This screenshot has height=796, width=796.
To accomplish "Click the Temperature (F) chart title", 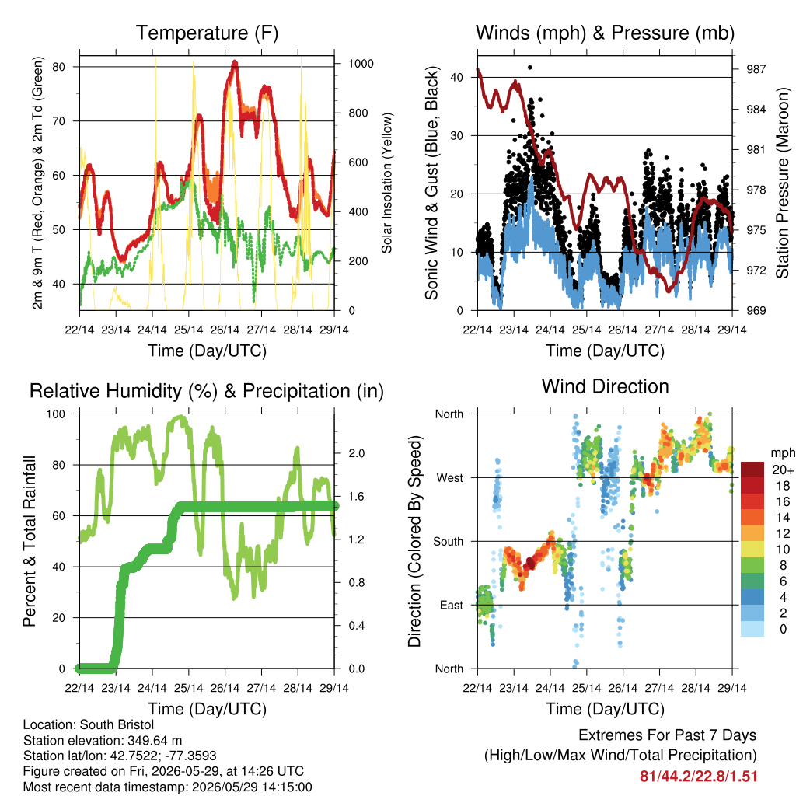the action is pyautogui.click(x=207, y=33).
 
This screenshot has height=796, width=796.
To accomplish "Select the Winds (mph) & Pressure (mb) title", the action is pyautogui.click(x=605, y=33).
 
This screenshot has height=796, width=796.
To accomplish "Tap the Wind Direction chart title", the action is pyautogui.click(x=605, y=386).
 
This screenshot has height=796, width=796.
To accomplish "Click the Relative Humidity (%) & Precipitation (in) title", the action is pyautogui.click(x=207, y=392).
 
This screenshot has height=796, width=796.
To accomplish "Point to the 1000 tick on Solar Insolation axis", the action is pyautogui.click(x=361, y=64).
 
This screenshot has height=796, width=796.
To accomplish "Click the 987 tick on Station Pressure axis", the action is pyautogui.click(x=756, y=69).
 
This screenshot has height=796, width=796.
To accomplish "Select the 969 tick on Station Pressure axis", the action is pyautogui.click(x=756, y=310).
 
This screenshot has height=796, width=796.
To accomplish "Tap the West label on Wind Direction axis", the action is pyautogui.click(x=450, y=478).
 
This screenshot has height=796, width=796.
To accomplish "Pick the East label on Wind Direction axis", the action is pyautogui.click(x=452, y=605).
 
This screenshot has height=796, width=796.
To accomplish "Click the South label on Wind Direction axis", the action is pyautogui.click(x=449, y=542).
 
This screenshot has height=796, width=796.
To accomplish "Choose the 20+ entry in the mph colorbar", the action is pyautogui.click(x=783, y=470).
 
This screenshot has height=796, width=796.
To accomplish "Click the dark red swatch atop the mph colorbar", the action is pyautogui.click(x=752, y=470).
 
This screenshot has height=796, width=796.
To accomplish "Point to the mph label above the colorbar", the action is pyautogui.click(x=782, y=453).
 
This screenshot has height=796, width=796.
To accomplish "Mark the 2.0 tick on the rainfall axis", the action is pyautogui.click(x=356, y=453).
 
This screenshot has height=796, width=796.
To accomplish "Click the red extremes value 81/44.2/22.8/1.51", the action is pyautogui.click(x=699, y=777).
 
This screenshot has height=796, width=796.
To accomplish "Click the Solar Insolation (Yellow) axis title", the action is pyautogui.click(x=387, y=183).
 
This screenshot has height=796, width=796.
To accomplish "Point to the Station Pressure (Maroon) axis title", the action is pyautogui.click(x=782, y=183).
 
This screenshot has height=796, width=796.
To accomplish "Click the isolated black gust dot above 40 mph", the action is pyautogui.click(x=530, y=67).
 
